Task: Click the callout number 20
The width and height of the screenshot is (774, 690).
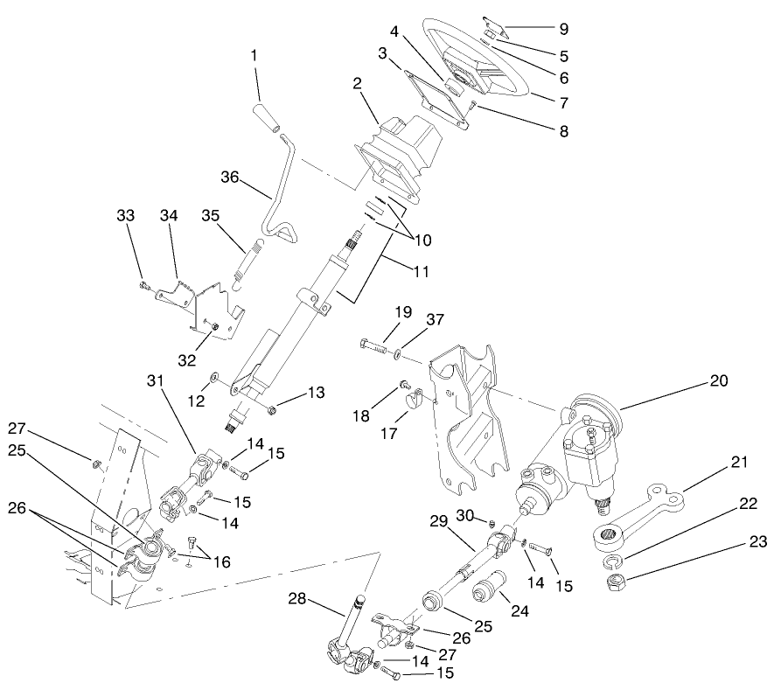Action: coord(718,381)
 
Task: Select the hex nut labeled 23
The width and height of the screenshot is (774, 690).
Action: coord(612,581)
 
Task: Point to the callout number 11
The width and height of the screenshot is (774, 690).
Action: coord(421,271)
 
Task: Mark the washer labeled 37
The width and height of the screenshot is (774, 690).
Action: coord(399,354)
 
